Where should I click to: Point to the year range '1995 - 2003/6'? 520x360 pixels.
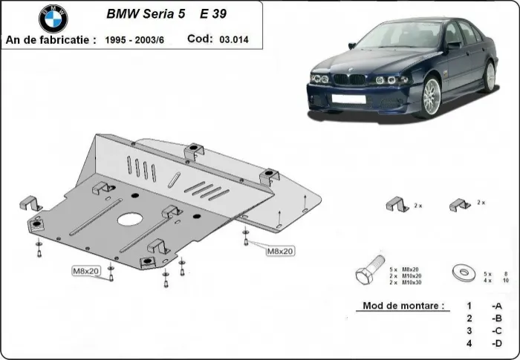point(140,39)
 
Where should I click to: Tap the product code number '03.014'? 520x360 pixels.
point(235,39)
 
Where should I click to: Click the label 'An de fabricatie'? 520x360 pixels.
point(49,39)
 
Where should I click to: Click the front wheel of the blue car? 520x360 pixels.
point(430,96)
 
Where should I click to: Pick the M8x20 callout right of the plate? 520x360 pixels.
point(279,251)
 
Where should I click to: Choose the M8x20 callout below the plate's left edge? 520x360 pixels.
point(86,271)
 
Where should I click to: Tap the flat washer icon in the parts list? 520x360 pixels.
point(464,272)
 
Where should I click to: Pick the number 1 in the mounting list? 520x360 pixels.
point(469,306)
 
